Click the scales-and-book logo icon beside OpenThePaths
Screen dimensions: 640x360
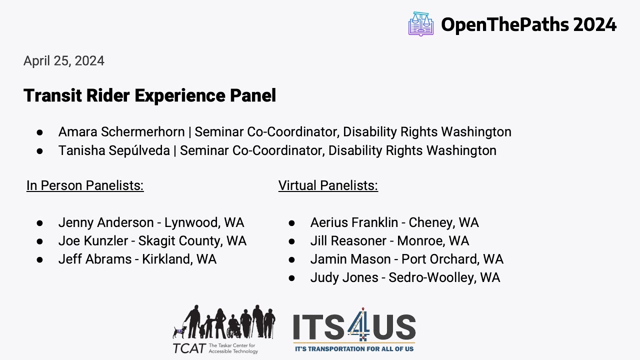tap(421, 24)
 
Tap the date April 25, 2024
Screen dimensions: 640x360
tap(64, 61)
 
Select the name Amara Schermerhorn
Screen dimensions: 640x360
tap(121, 132)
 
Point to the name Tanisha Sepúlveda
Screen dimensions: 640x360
tap(114, 150)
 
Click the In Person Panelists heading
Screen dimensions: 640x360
tap(85, 185)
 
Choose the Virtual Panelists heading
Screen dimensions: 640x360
tap(328, 185)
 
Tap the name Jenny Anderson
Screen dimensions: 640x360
tap(106, 222)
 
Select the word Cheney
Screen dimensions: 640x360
tap(431, 222)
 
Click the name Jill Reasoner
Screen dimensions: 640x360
tap(348, 241)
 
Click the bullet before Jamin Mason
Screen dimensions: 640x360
tap(291, 259)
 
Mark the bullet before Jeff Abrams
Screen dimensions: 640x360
tap(39, 259)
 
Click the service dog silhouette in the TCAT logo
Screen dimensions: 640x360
tap(179, 332)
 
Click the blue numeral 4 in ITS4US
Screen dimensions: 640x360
tap(359, 324)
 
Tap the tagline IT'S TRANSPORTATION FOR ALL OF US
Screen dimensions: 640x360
tap(354, 349)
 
